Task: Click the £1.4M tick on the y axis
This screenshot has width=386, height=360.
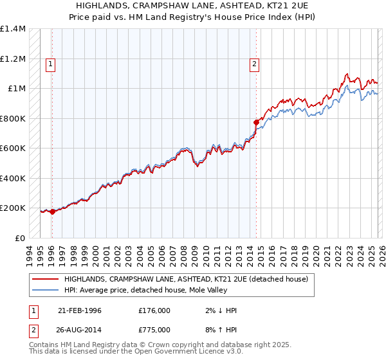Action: point(13,29)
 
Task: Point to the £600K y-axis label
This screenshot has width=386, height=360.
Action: point(13,148)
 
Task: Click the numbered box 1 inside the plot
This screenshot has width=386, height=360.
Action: point(51,64)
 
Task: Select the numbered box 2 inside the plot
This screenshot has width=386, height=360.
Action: point(255,64)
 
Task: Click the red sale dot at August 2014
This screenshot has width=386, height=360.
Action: point(256,122)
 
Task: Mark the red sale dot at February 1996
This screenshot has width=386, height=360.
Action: point(52,212)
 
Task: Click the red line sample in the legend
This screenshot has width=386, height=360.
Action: point(46,279)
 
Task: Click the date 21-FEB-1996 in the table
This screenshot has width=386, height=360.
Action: point(80,310)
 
